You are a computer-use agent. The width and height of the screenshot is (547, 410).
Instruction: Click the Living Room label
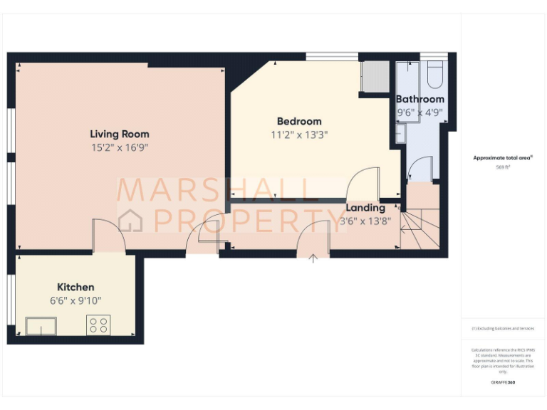[120, 134]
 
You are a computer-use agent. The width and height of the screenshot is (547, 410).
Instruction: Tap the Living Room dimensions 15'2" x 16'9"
[120, 148]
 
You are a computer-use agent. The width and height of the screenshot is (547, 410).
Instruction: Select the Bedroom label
[299, 121]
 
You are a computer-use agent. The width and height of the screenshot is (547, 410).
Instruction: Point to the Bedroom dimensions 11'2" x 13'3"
[299, 135]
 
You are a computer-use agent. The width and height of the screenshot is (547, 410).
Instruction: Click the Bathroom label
[420, 99]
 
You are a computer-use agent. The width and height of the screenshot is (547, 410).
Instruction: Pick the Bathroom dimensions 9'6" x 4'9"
[420, 112]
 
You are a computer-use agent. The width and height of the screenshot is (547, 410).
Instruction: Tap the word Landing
[365, 208]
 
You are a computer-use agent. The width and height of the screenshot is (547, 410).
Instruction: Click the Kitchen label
[75, 287]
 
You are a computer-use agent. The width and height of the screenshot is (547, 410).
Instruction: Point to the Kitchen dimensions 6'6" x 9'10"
[76, 301]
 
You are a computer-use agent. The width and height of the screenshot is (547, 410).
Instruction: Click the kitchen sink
[41, 326]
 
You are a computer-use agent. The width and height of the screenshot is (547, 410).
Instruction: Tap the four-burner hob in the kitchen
[98, 325]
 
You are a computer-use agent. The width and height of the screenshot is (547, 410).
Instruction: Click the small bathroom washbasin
[400, 133]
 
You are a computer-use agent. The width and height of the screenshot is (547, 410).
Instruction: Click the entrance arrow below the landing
[313, 258]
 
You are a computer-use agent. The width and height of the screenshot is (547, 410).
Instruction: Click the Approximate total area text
[502, 158]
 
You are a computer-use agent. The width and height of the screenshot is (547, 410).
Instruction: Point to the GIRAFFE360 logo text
[503, 382]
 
